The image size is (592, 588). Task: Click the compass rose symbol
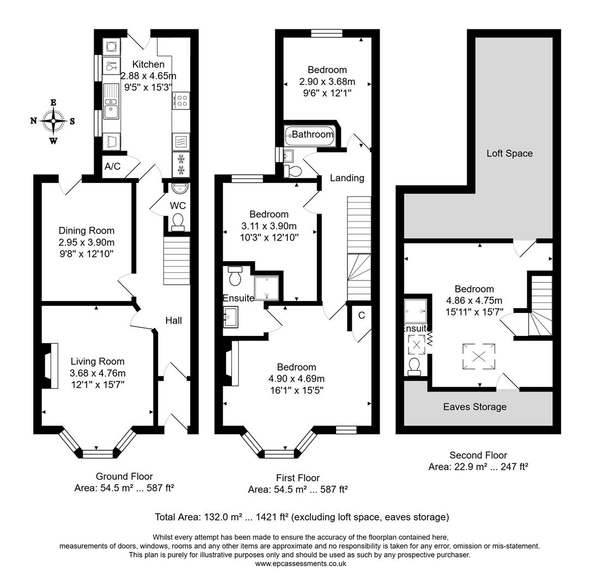pos(53,120)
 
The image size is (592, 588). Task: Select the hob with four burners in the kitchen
pos(181,100)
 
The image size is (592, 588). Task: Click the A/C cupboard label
pos(112,167)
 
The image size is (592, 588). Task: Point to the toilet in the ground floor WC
pos(178,222)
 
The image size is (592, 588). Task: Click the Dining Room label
pos(87,231)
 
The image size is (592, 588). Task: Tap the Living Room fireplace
pos(52,365)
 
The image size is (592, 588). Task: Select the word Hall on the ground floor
pos(174,321)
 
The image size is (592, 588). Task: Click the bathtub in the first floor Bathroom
pos(310,134)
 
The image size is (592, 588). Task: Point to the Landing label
pos(347,178)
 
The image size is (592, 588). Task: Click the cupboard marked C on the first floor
pos(361,315)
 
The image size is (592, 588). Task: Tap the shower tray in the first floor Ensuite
pos(267,287)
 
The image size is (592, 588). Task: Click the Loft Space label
pos(509,154)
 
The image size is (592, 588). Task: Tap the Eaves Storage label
pos(474,407)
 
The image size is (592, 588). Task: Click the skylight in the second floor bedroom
pos(479,357)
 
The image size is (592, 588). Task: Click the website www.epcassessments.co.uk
pos(300,563)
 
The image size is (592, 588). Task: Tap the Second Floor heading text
pos(478,455)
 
